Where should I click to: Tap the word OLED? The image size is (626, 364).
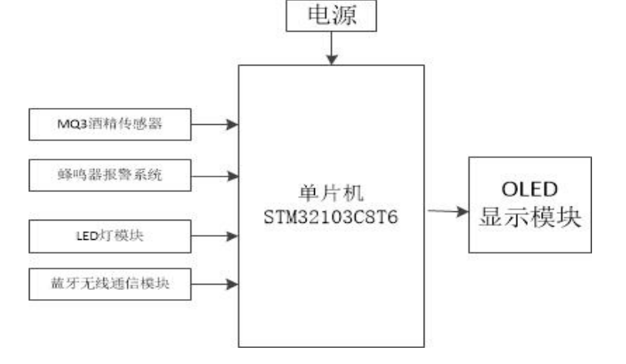click(530, 189)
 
